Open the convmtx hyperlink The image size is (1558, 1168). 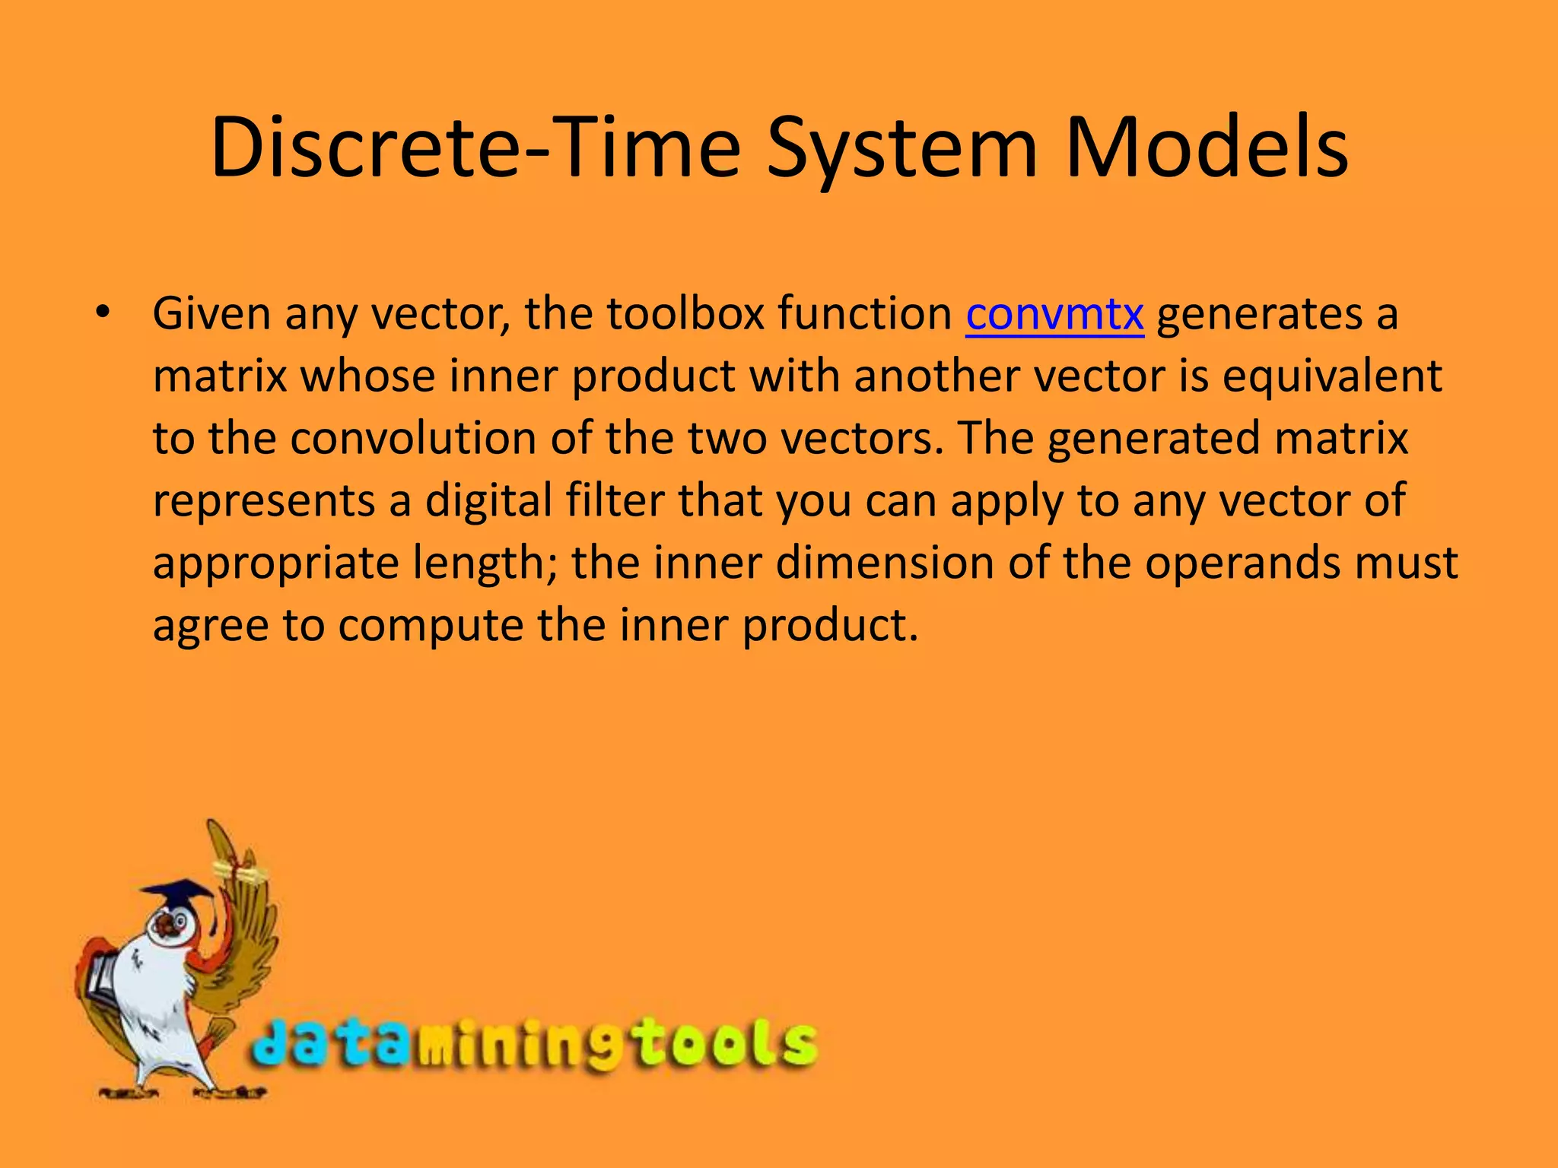coord(1054,314)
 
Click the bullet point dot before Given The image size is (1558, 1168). coord(103,313)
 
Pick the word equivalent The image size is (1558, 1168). coord(1331,376)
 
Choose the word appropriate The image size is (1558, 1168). coord(275,565)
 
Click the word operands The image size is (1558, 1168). coord(1245,563)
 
